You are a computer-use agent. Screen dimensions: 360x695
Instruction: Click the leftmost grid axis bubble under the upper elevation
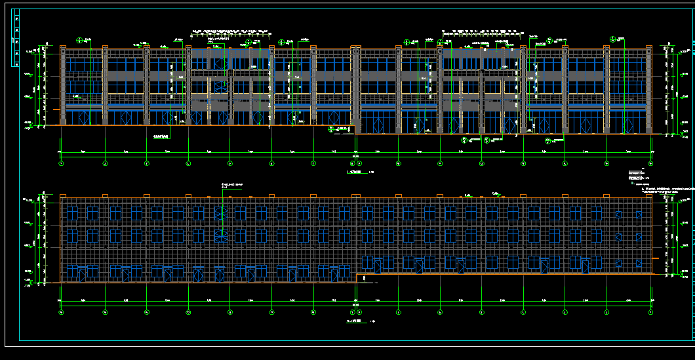pos(61,163)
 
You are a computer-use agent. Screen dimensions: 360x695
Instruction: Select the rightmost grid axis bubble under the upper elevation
pos(650,163)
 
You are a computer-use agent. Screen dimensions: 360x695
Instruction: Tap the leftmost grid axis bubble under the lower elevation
pos(61,312)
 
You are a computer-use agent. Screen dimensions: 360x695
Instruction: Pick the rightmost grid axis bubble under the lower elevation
pos(650,312)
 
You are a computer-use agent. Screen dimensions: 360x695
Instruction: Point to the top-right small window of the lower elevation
pos(639,214)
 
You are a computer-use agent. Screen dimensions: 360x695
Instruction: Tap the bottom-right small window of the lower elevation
pos(639,263)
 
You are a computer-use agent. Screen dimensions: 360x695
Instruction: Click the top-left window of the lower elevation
pos(72,214)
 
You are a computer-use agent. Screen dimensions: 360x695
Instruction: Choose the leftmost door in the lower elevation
pos(82,273)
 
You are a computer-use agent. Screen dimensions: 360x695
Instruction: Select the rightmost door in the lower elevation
pos(586,265)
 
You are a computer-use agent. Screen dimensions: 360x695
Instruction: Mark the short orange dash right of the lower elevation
pos(655,258)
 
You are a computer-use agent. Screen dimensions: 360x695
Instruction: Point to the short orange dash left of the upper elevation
pos(56,109)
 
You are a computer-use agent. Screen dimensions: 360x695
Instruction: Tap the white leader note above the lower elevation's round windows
pos(233,185)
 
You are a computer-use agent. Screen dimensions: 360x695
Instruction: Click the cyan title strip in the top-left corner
pos(16,39)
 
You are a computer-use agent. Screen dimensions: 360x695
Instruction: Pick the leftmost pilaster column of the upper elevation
pos(63,85)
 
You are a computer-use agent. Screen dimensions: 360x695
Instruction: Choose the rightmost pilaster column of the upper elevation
pos(648,89)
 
